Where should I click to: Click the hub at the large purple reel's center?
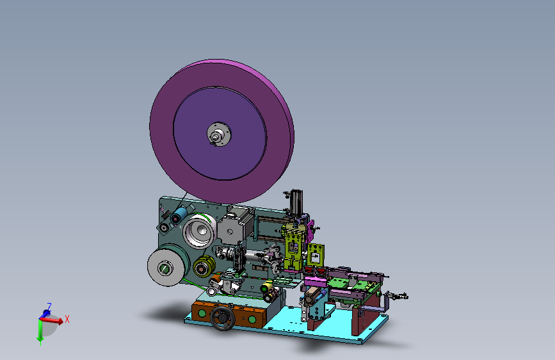219,135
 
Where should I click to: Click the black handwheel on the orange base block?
222,318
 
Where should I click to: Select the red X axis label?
67,319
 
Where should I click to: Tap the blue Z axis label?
49,307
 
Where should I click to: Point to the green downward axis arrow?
40,332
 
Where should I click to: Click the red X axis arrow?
52,320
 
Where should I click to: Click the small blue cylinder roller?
179,215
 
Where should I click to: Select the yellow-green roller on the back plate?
204,266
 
